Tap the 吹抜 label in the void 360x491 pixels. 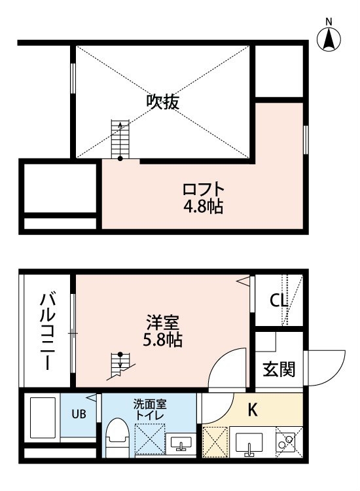point(163,101)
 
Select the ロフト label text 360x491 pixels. point(204,189)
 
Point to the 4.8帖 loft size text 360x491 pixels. point(204,207)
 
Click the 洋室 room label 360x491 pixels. point(163,323)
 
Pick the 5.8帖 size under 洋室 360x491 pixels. point(163,339)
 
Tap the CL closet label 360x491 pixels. point(279,301)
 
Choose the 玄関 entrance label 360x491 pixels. point(279,369)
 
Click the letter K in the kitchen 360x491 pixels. point(252,410)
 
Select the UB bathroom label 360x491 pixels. point(79,414)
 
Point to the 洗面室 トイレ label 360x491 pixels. point(150,410)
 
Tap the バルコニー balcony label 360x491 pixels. point(48,331)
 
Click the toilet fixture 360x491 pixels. point(117,437)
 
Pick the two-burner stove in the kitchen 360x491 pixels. point(285,441)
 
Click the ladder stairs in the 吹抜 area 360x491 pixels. point(120,139)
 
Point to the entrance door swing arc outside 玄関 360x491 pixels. point(333,372)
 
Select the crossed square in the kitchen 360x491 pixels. point(215,442)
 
